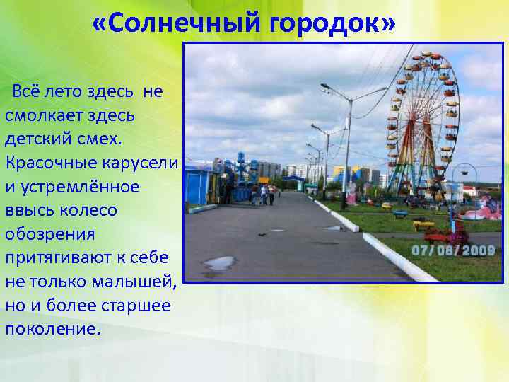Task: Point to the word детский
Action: coord(41,139)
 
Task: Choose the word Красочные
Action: coord(49,163)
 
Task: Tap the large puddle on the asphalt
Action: coord(219,263)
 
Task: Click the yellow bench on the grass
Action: coord(423,224)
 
